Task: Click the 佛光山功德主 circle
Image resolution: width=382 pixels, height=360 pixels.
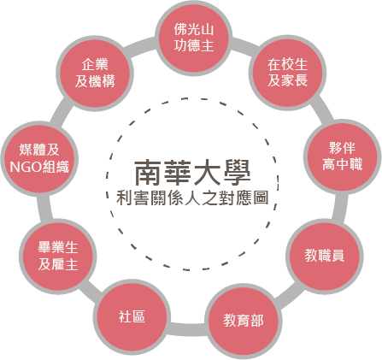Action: pyautogui.click(x=194, y=38)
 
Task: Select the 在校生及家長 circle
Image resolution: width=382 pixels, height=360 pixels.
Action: pyautogui.click(x=287, y=73)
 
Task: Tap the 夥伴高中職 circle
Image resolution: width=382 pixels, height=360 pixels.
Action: pyautogui.click(x=342, y=156)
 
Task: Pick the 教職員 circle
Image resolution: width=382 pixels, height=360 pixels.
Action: pyautogui.click(x=325, y=256)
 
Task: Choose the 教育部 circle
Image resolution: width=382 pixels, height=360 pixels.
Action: pyautogui.click(x=243, y=321)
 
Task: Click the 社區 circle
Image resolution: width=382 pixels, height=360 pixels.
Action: pyautogui.click(x=132, y=317)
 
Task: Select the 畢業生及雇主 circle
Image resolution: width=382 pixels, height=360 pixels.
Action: pyautogui.click(x=58, y=256)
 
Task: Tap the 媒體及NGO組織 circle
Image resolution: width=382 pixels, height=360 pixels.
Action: pyautogui.click(x=39, y=158)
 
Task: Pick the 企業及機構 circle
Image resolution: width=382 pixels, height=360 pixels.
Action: pyautogui.click(x=95, y=74)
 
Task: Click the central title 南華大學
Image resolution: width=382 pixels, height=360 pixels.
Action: pyautogui.click(x=192, y=173)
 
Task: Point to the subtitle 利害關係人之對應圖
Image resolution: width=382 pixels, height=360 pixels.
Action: pyautogui.click(x=192, y=198)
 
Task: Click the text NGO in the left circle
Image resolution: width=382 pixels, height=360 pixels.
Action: pyautogui.click(x=26, y=167)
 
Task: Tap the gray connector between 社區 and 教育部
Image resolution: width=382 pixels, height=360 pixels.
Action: pyautogui.click(x=187, y=328)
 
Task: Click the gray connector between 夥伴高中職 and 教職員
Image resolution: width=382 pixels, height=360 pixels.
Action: pyautogui.click(x=339, y=207)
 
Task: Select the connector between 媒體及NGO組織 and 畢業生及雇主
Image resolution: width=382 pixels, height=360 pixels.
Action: pyautogui.click(x=44, y=208)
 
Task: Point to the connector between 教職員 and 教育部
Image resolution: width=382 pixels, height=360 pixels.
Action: pyautogui.click(x=289, y=297)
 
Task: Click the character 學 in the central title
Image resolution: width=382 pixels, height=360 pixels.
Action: pyautogui.click(x=237, y=173)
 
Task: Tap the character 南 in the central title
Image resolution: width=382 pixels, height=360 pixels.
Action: pyautogui.click(x=148, y=173)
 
